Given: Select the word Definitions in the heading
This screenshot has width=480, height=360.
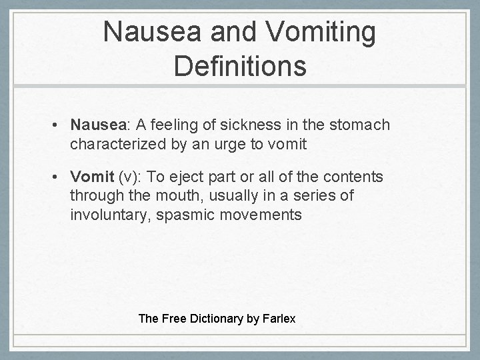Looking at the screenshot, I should [240, 66].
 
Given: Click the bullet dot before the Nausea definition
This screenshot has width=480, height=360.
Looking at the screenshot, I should [59, 125].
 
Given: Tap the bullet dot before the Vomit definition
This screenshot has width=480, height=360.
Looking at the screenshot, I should [59, 177].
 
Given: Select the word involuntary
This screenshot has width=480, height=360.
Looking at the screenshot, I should [109, 214].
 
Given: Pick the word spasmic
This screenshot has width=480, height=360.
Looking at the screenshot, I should [185, 214].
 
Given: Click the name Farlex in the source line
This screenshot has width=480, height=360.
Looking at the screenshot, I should [279, 318].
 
